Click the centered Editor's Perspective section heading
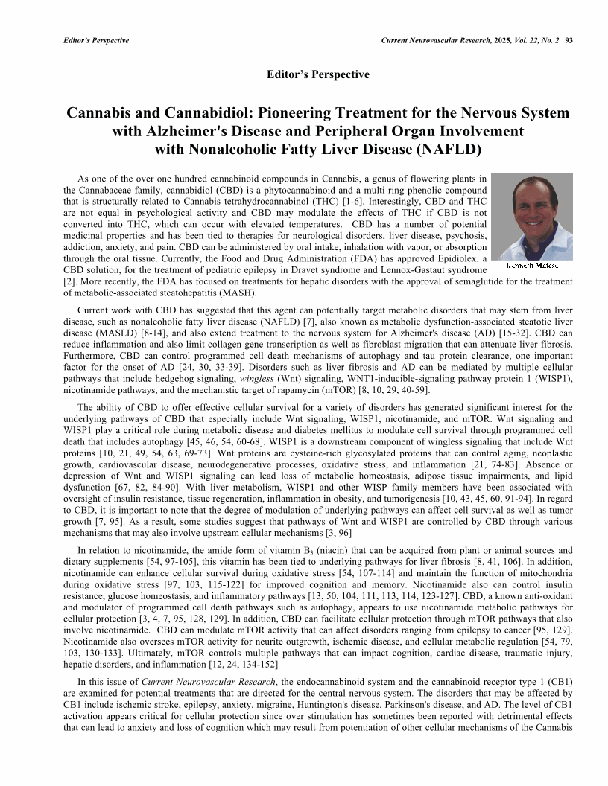tap(317, 74)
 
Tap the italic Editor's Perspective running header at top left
tap(96, 40)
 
